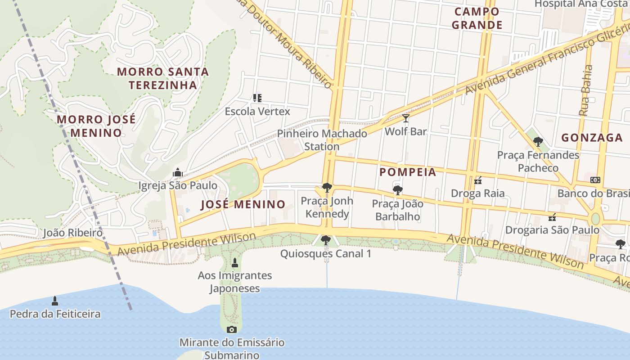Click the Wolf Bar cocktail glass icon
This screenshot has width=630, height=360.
406,118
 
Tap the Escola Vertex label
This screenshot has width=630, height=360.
257,111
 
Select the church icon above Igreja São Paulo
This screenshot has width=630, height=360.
178,172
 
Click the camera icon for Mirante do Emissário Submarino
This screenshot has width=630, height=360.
232,329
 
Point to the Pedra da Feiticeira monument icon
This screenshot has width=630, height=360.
55,301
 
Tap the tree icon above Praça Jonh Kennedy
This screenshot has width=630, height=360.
327,188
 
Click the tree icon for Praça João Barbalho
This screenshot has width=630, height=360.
397,190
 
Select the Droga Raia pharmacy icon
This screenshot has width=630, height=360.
478,181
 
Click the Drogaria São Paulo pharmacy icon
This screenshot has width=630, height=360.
552,217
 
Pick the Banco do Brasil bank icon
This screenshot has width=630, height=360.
595,180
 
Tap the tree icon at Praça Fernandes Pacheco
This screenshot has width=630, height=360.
538,142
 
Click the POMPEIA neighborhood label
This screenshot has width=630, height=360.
408,172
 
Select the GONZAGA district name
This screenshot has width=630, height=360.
592,138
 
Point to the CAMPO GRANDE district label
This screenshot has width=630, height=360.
477,18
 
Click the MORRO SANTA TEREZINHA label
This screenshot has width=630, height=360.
163,78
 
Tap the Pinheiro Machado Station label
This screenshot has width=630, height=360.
322,140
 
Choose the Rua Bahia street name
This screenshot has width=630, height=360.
586,90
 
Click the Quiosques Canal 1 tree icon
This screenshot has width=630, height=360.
326,240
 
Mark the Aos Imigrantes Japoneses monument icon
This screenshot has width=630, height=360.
234,262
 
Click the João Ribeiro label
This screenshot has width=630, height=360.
72,233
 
